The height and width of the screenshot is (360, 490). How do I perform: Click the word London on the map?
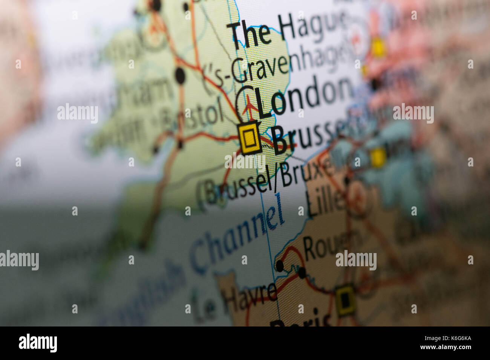[x=303, y=97]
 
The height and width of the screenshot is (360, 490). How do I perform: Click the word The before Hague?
[x=251, y=34]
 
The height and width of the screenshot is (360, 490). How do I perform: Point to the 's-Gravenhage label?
[x=279, y=68]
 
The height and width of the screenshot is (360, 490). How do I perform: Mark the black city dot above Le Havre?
[x=279, y=265]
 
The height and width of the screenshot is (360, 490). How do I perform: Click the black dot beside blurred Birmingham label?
[x=181, y=76]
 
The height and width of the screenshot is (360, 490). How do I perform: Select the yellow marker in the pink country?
[x=378, y=48]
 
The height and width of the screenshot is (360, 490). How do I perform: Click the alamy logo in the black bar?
[x=38, y=343]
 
